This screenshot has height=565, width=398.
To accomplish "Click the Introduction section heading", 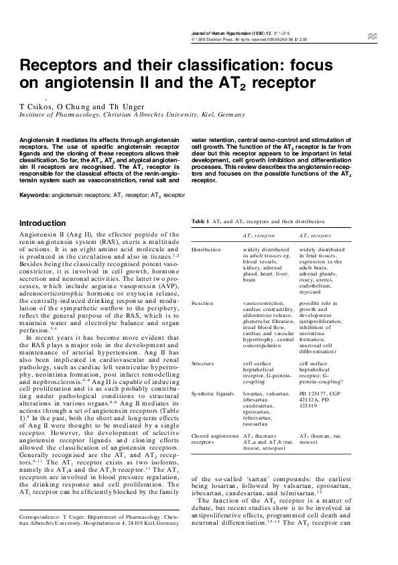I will pos(42,223).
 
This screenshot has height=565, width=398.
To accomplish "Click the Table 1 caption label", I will pos(201,221).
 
